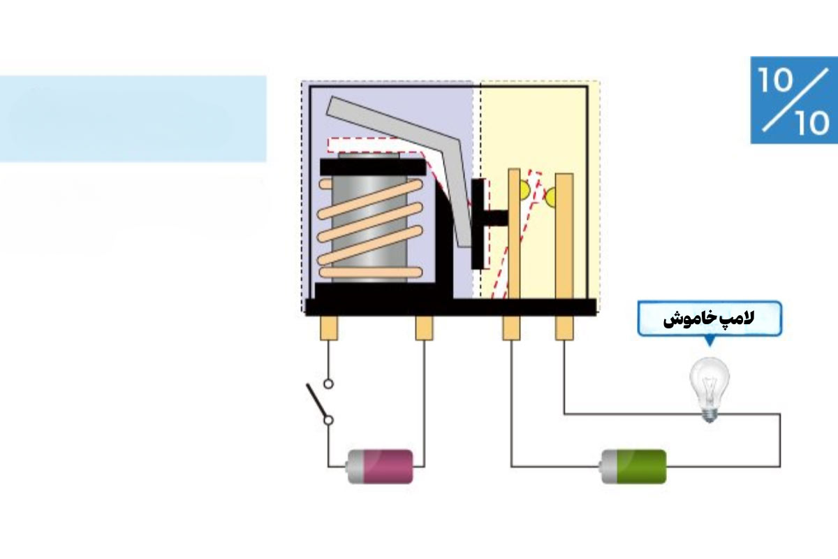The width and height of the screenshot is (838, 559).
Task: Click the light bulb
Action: (710, 389)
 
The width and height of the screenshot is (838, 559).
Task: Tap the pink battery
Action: (379, 467)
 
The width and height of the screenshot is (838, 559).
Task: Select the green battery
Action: (633, 467)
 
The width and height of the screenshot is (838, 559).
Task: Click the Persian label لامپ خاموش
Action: (709, 319)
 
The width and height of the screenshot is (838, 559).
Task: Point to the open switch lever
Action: (317, 401)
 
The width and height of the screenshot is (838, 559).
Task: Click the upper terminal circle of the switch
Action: (328, 384)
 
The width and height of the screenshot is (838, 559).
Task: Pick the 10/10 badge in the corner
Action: (794, 100)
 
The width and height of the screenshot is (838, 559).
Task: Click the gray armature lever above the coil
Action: (404, 157)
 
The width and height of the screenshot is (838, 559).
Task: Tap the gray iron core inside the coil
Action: (369, 217)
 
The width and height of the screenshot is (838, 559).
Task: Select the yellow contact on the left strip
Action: (525, 190)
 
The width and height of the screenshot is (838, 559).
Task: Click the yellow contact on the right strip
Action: (550, 197)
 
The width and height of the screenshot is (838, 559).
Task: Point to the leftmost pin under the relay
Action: (329, 328)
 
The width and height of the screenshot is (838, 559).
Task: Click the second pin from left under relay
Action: (425, 328)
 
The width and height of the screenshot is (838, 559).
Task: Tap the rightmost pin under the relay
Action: (564, 328)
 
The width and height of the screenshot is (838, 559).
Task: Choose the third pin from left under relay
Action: (511, 328)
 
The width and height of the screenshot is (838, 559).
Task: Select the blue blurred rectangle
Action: (133, 119)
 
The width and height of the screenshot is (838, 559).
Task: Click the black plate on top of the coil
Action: (373, 167)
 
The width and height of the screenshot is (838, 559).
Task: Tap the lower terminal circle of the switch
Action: (328, 421)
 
